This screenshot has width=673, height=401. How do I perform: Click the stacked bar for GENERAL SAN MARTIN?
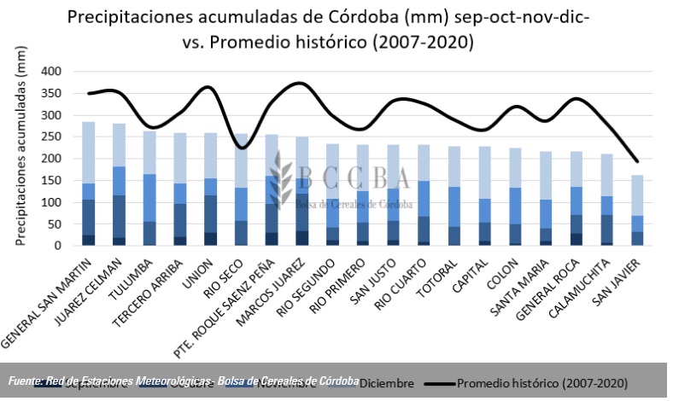tap(89, 183)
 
